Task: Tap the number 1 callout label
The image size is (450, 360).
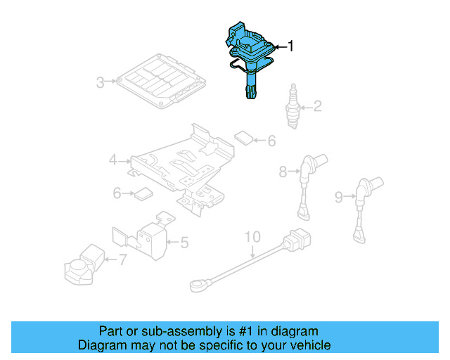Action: (x=291, y=46)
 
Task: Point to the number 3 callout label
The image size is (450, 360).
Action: (x=101, y=82)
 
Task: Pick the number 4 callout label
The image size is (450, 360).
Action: (x=113, y=161)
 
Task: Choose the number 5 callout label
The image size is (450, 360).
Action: (x=184, y=243)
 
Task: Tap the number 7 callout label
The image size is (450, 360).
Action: (x=122, y=260)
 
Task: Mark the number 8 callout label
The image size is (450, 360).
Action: (x=283, y=171)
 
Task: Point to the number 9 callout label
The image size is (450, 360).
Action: (x=339, y=198)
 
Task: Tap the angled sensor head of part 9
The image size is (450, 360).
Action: (x=364, y=187)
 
